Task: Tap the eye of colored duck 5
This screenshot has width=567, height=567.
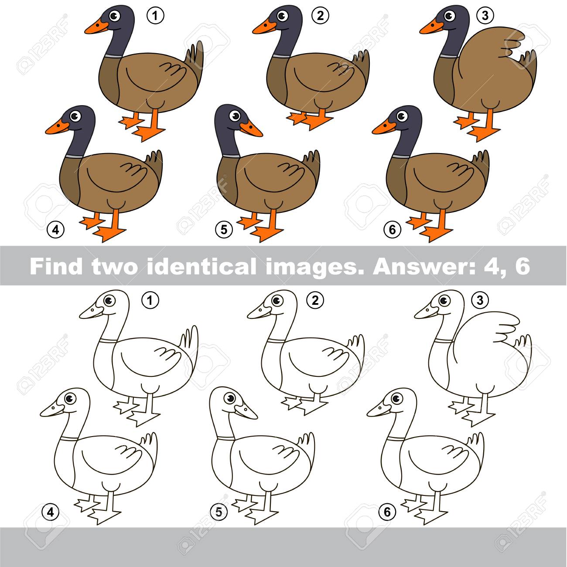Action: pos(235,116)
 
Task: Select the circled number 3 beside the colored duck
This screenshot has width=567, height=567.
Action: pos(485,15)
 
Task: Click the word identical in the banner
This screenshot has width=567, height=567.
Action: pos(201,266)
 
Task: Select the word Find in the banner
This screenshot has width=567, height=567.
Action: pos(56,266)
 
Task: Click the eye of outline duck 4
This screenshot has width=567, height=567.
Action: pos(69,399)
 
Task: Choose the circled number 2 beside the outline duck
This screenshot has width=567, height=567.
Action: pos(315,301)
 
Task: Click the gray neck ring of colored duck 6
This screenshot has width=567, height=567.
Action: pos(402,156)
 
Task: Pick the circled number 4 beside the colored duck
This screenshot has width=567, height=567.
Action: pos(56,229)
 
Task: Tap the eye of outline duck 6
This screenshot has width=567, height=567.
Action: pos(396,399)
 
